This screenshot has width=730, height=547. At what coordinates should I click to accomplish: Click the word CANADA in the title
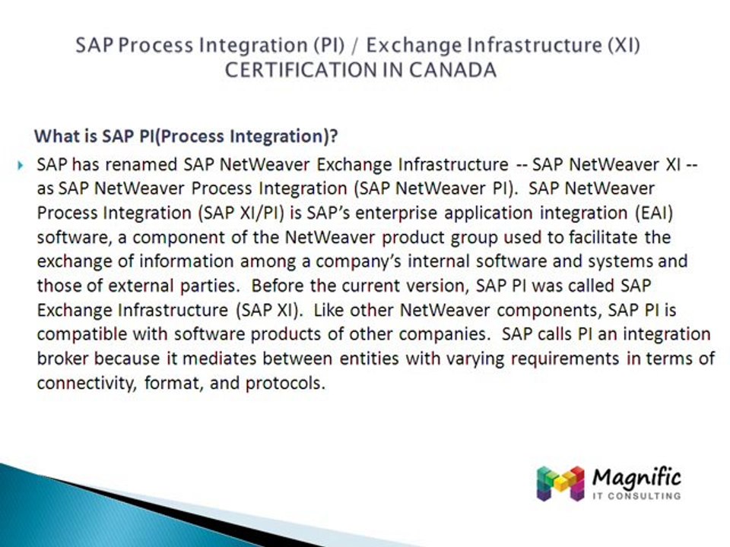[453, 70]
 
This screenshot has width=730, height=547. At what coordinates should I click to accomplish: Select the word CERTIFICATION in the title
[300, 70]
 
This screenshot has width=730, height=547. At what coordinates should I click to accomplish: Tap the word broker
[62, 359]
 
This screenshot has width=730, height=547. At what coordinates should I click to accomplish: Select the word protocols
[284, 383]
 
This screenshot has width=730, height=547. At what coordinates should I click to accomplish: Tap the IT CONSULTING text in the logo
[635, 496]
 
